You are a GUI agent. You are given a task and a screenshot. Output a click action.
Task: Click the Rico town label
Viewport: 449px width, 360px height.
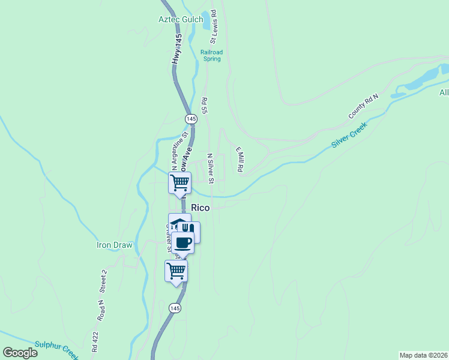(x=200, y=208)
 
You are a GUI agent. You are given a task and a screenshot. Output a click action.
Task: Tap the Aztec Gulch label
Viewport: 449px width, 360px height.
(x=181, y=19)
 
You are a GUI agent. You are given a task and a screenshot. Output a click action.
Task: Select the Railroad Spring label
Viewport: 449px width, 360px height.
(x=211, y=56)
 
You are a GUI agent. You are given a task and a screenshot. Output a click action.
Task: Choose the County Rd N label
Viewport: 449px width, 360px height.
(x=364, y=106)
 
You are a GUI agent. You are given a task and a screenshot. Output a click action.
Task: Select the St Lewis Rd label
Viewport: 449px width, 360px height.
(x=213, y=25)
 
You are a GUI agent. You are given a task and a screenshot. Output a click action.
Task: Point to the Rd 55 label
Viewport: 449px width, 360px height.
(x=205, y=106)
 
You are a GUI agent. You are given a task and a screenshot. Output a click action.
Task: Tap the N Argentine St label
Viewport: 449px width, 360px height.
(x=177, y=152)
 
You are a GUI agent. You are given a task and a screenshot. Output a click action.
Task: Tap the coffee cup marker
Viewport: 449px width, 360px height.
(x=183, y=243)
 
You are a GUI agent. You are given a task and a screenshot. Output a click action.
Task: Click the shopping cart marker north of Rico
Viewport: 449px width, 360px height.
(x=179, y=182)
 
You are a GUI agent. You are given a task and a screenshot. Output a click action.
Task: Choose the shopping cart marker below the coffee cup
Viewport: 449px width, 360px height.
(x=176, y=271)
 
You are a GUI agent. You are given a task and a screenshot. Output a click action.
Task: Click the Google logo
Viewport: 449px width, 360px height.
(x=20, y=353)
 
